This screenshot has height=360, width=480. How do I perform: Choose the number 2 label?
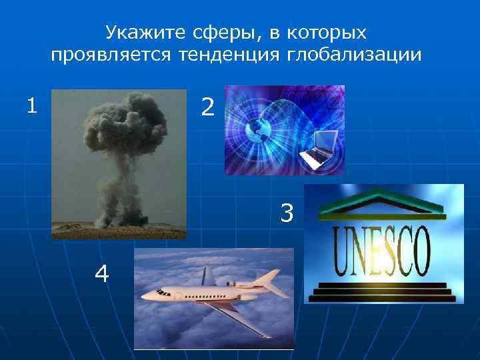click(x=207, y=107)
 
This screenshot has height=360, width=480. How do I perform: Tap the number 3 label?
click(x=287, y=213)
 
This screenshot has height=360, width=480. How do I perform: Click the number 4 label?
click(x=102, y=273)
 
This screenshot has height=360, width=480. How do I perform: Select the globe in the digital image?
click(x=256, y=130)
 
